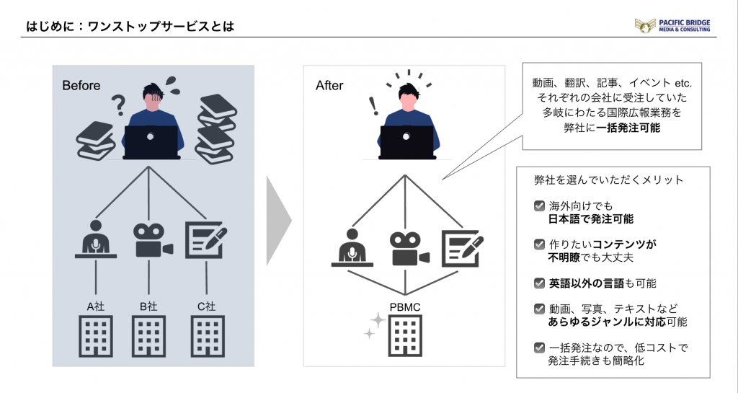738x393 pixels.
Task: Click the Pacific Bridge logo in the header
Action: pos(672,26)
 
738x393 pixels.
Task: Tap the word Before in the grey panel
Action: pos(81,86)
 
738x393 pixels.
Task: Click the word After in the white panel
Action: pos(330,86)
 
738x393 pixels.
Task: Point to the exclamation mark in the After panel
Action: pos(373,107)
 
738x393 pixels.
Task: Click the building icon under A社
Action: pos(96,336)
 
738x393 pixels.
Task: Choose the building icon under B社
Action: pos(149,336)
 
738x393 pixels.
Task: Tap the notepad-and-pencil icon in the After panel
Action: pos(461,247)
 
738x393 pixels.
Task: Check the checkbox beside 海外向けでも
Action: pos(539,206)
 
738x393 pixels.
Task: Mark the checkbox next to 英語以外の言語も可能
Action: pos(539,283)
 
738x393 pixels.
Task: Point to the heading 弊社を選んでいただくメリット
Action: pos(609,180)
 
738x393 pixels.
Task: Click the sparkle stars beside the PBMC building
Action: pos(373,324)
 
